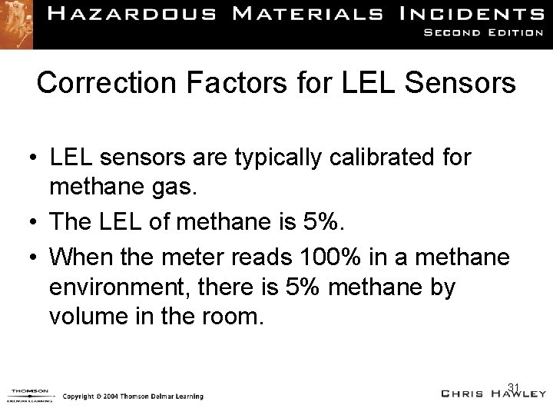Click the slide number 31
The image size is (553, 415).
(515, 386)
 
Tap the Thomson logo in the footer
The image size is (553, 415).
(29, 394)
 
